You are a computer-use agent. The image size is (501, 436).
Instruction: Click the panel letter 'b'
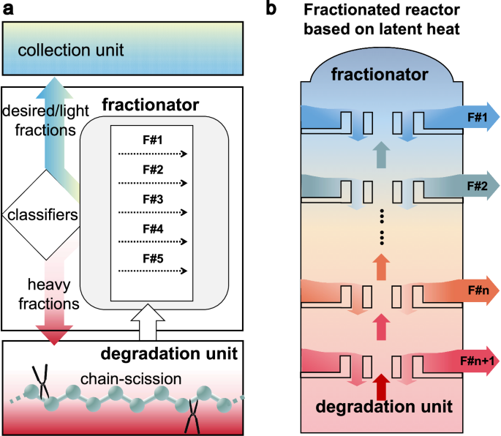click(271, 9)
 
